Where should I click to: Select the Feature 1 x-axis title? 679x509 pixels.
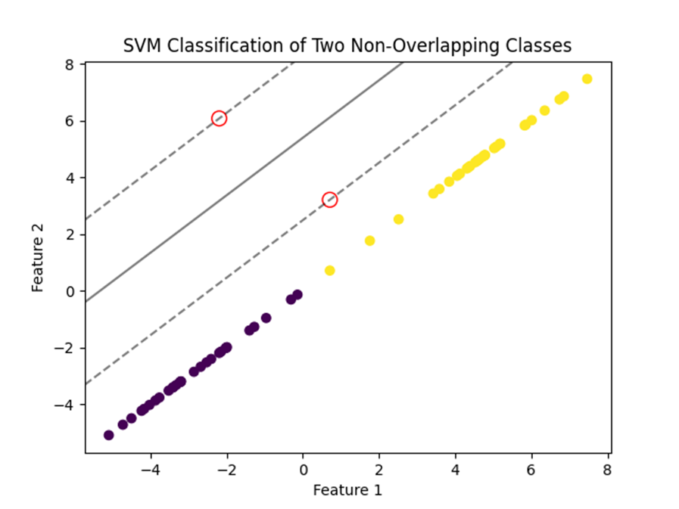tap(347, 490)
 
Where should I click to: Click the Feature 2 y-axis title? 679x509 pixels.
tap(38, 258)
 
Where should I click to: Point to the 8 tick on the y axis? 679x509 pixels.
tap(70, 64)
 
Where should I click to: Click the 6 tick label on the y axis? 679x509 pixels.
tap(70, 121)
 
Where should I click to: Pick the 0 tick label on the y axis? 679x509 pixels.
tap(70, 292)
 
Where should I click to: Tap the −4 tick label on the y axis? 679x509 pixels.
tap(64, 405)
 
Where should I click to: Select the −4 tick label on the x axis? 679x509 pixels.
tap(150, 470)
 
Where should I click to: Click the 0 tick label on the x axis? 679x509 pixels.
tap(303, 470)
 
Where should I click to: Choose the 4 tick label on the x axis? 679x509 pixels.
tap(455, 470)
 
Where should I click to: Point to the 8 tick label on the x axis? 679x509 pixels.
tap(607, 470)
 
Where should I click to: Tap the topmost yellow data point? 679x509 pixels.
tap(587, 79)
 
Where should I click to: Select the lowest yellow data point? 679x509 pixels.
tap(329, 271)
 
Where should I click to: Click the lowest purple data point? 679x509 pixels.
tap(109, 436)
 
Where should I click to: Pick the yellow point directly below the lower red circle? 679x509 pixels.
tap(329, 271)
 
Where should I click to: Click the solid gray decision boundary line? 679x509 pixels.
tap(245, 182)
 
